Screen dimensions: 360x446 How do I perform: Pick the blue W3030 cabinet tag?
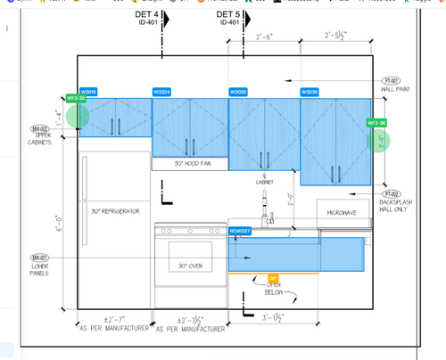[x=238, y=92]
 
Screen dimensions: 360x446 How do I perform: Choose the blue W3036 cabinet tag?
[x=310, y=92]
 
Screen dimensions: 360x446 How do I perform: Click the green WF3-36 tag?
[x=376, y=122]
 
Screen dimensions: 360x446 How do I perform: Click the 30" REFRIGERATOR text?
[x=116, y=211]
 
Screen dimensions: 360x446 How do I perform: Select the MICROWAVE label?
[x=343, y=212]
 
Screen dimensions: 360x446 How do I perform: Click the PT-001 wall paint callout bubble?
[x=393, y=80]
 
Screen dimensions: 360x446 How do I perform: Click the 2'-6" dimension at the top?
[x=264, y=37]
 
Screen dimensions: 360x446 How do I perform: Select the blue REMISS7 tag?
[x=240, y=231]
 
